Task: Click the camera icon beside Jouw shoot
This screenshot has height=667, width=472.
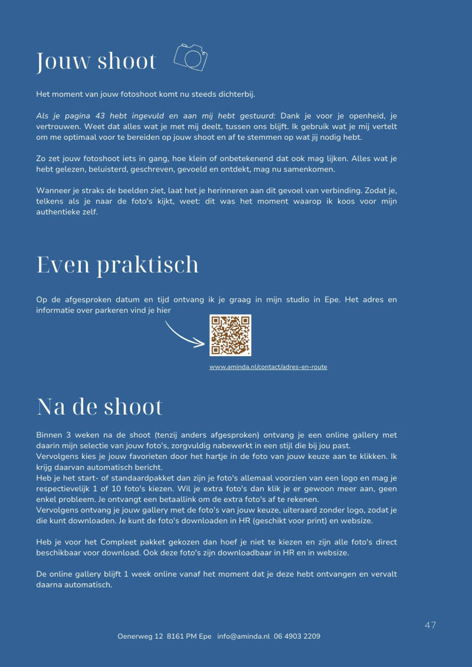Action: pos(191,57)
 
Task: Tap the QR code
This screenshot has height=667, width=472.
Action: pos(230,335)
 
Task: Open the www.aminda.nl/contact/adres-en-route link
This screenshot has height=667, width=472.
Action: pos(268,367)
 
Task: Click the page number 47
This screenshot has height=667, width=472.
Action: pos(430,625)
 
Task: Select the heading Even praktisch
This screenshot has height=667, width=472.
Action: pos(117,265)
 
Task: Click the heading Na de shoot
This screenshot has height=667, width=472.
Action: pos(99,407)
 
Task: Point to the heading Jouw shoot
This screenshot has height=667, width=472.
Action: pos(96,61)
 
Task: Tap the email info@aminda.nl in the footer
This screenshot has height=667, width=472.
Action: pos(243,636)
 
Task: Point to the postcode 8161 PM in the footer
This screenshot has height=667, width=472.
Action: pos(182,636)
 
